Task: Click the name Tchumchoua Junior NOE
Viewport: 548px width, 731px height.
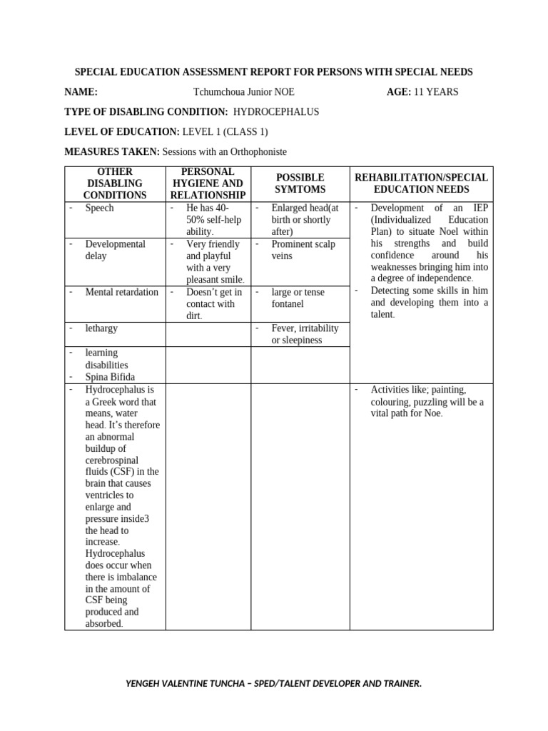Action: coord(243,92)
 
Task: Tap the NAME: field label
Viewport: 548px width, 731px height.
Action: coord(81,92)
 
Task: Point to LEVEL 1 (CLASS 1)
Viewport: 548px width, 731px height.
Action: coord(225,132)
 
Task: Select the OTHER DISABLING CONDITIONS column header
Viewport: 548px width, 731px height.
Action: coord(115,183)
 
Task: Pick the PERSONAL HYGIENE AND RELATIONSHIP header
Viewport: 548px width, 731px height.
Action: coord(208,183)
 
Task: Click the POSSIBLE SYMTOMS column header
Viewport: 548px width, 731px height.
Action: coord(300,183)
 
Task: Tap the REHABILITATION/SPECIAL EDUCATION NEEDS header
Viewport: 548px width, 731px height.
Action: coord(421,183)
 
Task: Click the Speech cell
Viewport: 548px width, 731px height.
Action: coord(99,208)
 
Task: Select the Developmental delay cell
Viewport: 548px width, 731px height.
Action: coord(115,250)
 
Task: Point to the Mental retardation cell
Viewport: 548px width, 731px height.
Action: coord(121,292)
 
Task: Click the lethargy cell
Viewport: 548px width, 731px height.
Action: coord(101,328)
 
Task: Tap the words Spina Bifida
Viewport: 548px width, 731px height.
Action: coord(110,377)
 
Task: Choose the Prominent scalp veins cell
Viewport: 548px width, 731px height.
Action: coord(303,250)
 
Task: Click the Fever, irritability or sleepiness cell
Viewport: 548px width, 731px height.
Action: coord(305,334)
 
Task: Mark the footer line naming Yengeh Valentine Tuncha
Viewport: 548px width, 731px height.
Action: coord(273,684)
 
